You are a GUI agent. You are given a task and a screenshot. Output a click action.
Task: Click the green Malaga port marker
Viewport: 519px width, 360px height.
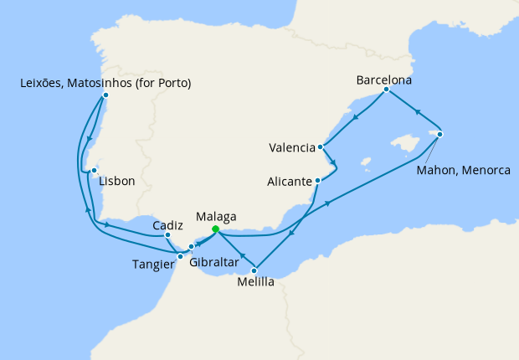(215, 229)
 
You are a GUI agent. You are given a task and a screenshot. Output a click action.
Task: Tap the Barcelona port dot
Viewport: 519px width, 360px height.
(386, 90)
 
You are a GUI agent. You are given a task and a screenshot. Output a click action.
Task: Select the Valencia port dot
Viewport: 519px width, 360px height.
(321, 147)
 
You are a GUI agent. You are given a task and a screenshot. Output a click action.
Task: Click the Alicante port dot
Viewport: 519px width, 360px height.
(317, 180)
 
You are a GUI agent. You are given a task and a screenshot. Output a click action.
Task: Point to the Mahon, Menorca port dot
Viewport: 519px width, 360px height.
(439, 134)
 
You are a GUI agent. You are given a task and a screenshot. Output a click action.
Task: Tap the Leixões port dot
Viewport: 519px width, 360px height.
(105, 95)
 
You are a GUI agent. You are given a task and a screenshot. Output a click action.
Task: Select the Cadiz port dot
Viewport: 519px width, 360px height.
(168, 236)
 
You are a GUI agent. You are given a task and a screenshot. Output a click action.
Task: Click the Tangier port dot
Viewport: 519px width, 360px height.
(180, 256)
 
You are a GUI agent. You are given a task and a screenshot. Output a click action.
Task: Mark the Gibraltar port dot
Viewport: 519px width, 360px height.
(192, 246)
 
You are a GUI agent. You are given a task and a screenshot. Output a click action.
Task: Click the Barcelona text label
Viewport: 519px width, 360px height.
(385, 80)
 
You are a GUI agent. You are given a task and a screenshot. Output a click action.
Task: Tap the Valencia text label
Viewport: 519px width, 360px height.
(291, 148)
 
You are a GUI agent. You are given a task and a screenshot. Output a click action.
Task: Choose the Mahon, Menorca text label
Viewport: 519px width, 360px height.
(463, 171)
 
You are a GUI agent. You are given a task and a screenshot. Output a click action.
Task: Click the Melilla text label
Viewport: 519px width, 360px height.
(254, 282)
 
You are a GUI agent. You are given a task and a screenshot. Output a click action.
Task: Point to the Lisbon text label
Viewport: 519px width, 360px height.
(117, 181)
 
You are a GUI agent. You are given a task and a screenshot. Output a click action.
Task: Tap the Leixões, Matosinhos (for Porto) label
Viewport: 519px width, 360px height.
(105, 83)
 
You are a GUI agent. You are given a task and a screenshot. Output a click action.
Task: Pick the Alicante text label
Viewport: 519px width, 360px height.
(290, 181)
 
